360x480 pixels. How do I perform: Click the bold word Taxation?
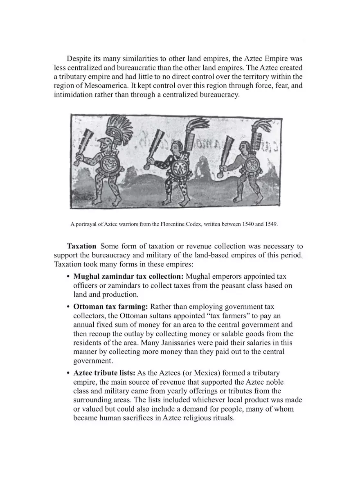81,246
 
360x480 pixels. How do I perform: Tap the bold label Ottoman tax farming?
111,306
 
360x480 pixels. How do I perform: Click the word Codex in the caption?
183,225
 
